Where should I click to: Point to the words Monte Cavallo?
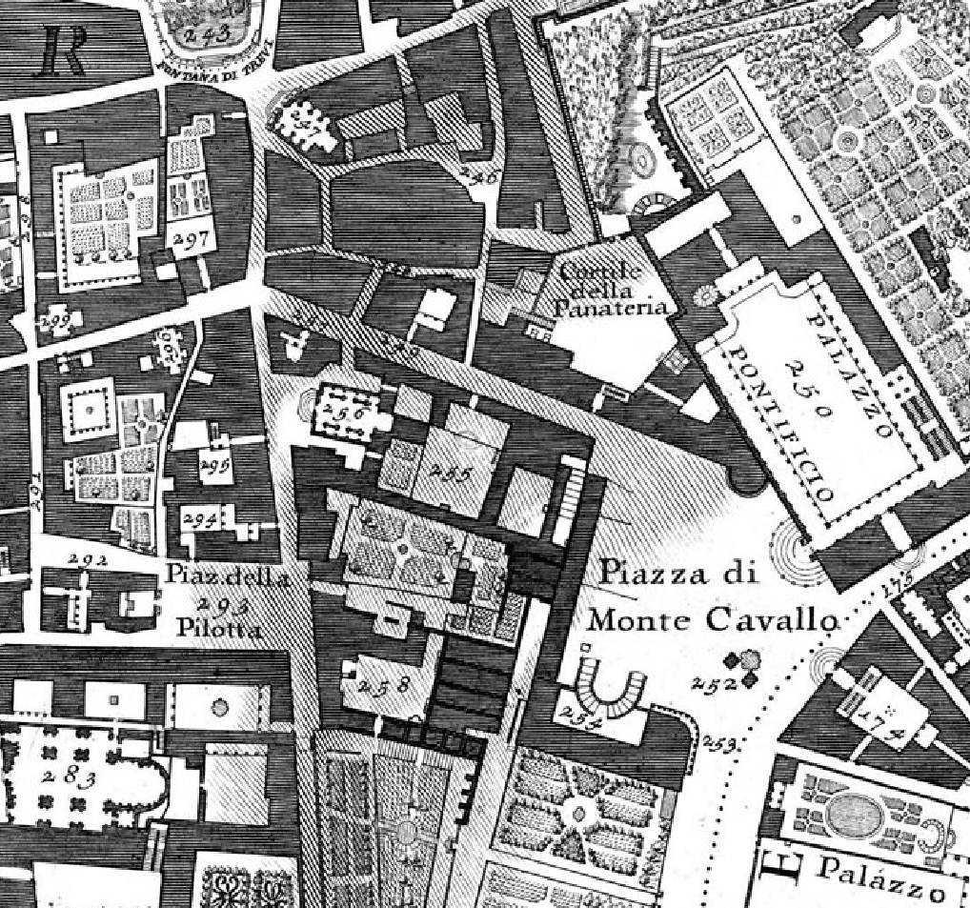(x=713, y=620)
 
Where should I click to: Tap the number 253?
(x=722, y=744)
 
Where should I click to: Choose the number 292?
(x=89, y=561)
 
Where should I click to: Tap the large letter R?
(x=62, y=50)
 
